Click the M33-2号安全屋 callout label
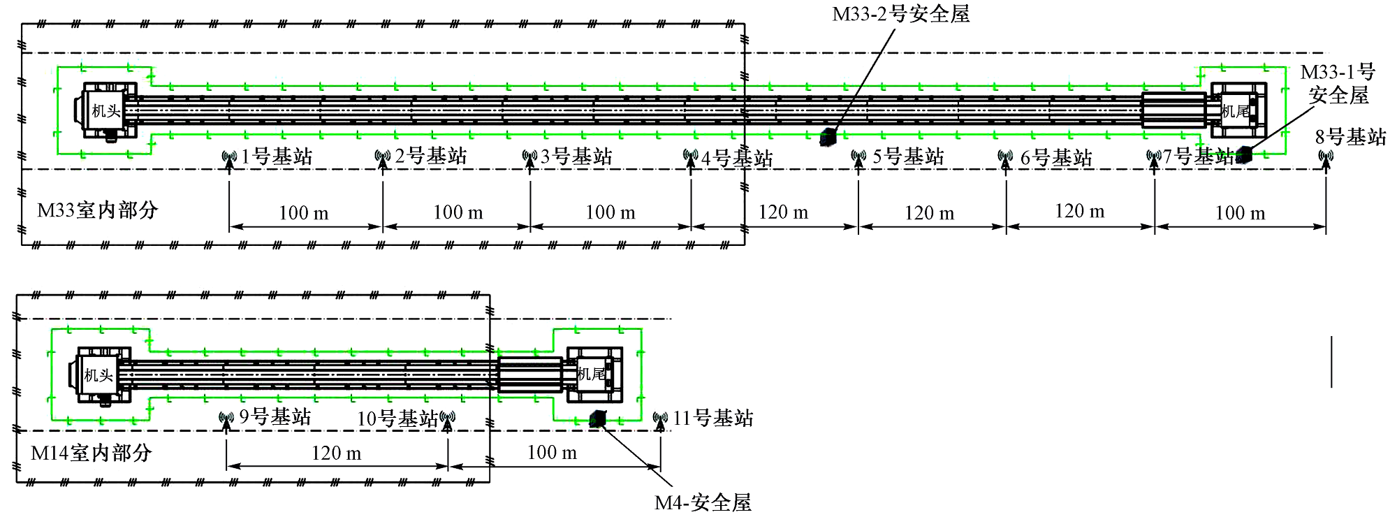[x=901, y=13]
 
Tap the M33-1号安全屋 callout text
[x=1338, y=83]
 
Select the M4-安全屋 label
[x=703, y=502]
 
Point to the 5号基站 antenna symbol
[x=858, y=158]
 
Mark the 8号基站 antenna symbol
[x=1326, y=158]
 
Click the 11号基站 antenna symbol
[x=660, y=420]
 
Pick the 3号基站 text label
[x=576, y=156]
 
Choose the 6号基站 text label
[x=1056, y=157]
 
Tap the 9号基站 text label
[x=275, y=417]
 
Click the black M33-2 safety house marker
[x=828, y=138]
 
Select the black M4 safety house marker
[x=598, y=418]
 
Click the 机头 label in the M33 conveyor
[x=106, y=110]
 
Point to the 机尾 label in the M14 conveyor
[x=591, y=374]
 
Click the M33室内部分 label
[x=98, y=210]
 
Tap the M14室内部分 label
[x=92, y=453]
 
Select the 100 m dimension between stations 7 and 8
[x=1240, y=213]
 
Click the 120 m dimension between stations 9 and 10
[x=336, y=453]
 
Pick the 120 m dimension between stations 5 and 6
[x=930, y=213]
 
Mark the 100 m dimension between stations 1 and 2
[x=304, y=213]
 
